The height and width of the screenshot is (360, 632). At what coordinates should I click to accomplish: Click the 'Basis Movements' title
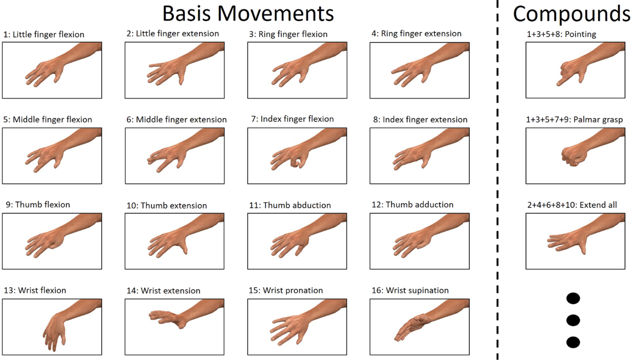click(248, 13)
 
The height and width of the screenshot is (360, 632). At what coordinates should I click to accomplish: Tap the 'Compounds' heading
click(572, 14)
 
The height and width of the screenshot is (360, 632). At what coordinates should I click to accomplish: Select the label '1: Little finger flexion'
click(43, 35)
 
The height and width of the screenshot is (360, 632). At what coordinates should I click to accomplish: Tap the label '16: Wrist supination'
click(417, 291)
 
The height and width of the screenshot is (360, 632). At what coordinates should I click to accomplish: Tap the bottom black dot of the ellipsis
click(572, 342)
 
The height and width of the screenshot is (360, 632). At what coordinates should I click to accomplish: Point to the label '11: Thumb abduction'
click(290, 205)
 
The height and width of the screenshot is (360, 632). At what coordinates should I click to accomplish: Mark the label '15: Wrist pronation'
click(286, 291)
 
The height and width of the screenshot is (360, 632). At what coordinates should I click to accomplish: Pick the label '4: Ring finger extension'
click(416, 34)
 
